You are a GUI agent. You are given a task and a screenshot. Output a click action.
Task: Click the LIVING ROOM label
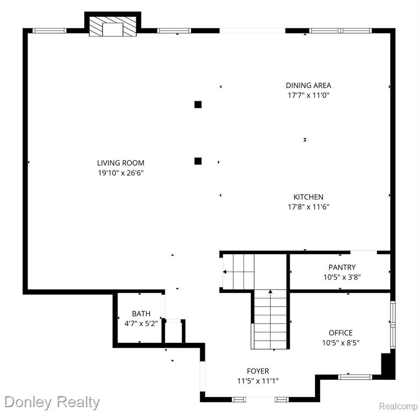[121, 163]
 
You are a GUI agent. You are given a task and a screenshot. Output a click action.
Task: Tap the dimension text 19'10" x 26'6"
[121, 173]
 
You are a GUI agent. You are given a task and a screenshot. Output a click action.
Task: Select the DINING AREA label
[308, 85]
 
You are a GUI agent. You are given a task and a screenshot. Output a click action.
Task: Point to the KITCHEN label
[308, 197]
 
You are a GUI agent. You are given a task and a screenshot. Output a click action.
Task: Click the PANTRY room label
[342, 267]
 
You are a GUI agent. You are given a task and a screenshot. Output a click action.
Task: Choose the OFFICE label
[341, 333]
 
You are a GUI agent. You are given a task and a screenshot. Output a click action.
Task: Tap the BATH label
[141, 313]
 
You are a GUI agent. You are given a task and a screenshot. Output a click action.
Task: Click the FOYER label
[258, 371]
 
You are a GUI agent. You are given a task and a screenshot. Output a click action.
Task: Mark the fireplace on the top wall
[113, 24]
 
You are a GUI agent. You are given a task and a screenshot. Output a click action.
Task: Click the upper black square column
[198, 105]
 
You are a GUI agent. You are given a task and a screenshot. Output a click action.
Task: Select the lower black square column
[198, 161]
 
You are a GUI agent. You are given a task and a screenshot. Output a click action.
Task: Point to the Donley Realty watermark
[52, 402]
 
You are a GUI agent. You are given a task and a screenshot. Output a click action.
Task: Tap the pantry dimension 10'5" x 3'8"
[342, 277]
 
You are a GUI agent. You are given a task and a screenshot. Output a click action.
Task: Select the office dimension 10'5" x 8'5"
[341, 343]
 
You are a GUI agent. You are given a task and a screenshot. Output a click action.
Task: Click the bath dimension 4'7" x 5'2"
[141, 323]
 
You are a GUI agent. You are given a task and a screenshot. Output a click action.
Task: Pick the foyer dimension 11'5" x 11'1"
[258, 381]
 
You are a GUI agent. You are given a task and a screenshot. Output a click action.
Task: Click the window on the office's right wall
[393, 325]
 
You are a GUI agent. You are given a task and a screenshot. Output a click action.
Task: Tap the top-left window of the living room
[49, 31]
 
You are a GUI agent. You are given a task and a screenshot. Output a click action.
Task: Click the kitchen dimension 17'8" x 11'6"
[308, 207]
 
